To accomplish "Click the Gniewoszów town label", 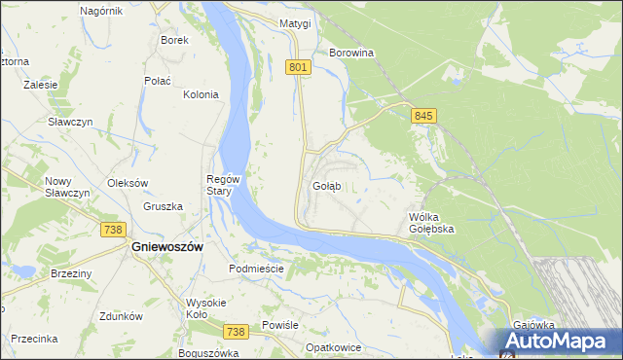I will [x=166, y=247].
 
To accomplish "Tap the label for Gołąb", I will [x=326, y=185].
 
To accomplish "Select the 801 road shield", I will [x=299, y=67].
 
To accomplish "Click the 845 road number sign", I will [x=422, y=116].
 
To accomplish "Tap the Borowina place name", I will [x=351, y=53].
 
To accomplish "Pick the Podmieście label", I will [x=256, y=268].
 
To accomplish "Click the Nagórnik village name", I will [x=101, y=10].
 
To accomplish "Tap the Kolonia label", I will [x=201, y=94].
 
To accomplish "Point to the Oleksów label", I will [x=127, y=182].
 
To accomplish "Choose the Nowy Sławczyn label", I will [x=67, y=187].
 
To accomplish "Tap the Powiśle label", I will [x=279, y=325].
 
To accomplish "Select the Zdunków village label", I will [x=122, y=316].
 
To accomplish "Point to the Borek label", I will [x=174, y=40].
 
